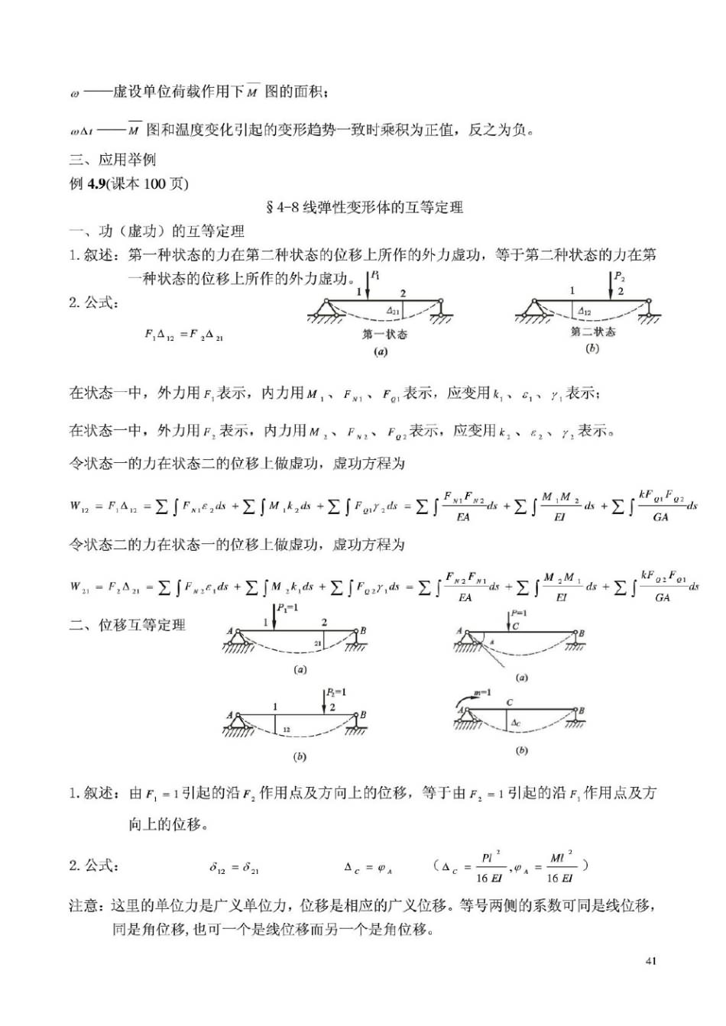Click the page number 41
click(x=650, y=961)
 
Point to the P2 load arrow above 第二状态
click(x=611, y=285)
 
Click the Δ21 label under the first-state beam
click(x=393, y=311)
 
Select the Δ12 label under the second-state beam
click(x=584, y=311)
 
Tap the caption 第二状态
click(x=593, y=333)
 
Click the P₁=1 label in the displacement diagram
click(x=287, y=609)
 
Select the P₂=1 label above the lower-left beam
click(x=335, y=692)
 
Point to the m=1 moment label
click(x=482, y=692)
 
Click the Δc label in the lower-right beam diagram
click(x=517, y=723)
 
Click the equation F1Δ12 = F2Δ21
click(x=183, y=335)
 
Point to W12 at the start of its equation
click(x=79, y=506)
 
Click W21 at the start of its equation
click(x=80, y=587)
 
